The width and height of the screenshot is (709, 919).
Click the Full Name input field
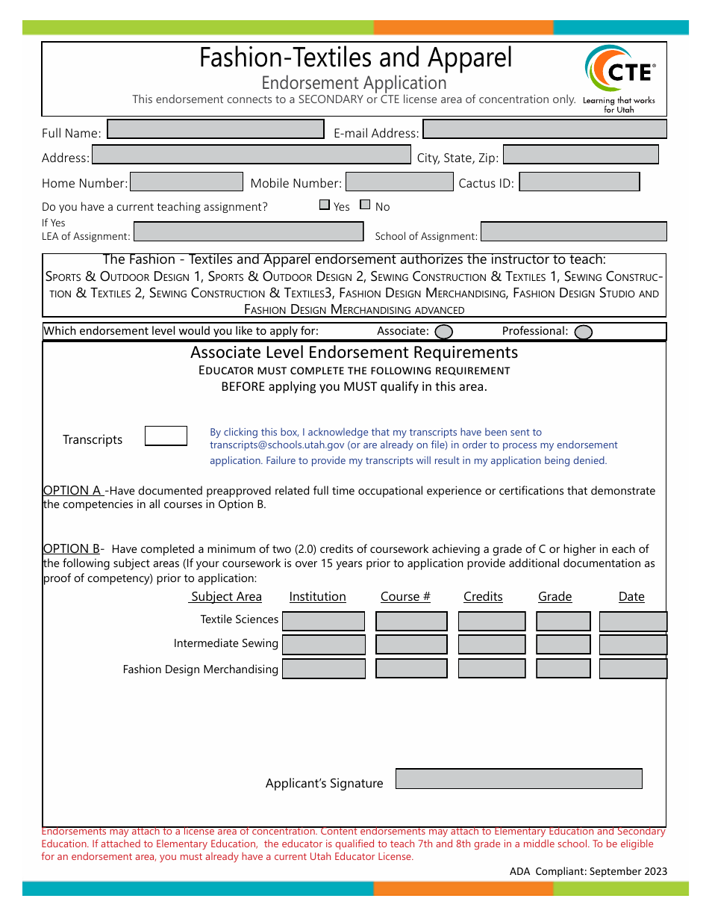[x=216, y=129]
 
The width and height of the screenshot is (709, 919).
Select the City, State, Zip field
[x=581, y=155]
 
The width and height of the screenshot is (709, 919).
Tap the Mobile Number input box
[x=399, y=182]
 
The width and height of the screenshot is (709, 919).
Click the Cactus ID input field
[x=579, y=182]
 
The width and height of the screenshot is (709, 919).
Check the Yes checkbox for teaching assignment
[x=325, y=205]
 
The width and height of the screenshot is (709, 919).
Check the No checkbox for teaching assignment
[x=365, y=205]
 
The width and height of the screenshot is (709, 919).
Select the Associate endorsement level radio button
[x=443, y=332]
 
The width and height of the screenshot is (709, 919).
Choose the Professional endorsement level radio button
[x=584, y=332]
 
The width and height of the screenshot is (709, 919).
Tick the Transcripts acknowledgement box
[x=166, y=436]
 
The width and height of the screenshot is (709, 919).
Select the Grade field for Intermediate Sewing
[x=563, y=645]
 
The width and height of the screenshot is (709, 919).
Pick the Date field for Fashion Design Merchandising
[x=633, y=669]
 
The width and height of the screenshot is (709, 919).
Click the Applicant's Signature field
[x=519, y=779]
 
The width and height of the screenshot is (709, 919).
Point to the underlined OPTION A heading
[x=72, y=490]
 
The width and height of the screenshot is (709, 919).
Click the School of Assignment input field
[x=573, y=232]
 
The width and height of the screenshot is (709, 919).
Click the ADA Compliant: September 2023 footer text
[x=588, y=871]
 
